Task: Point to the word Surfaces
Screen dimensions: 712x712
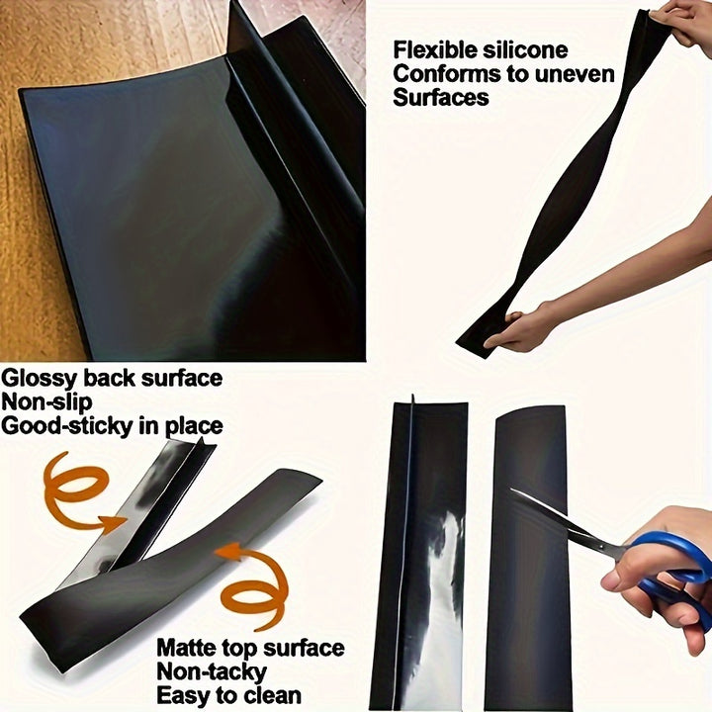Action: (440, 98)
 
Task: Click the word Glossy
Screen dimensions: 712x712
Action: (39, 378)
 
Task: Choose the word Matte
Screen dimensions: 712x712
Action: (189, 649)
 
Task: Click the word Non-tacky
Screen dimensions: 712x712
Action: (213, 672)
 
